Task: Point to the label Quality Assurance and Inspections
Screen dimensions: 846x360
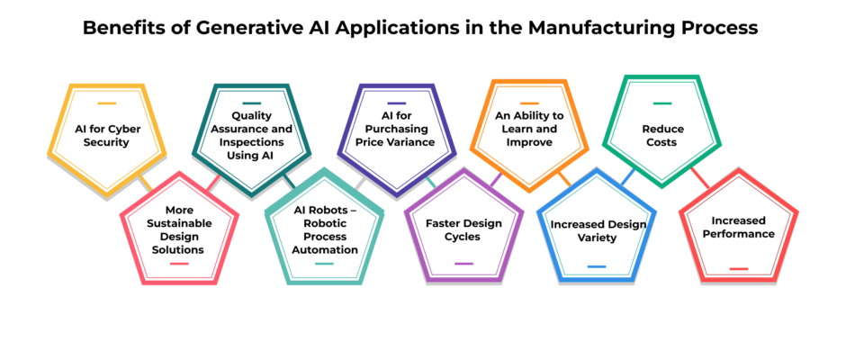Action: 251,136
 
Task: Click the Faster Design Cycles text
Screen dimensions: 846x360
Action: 463,229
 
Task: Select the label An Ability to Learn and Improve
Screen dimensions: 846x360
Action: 529,129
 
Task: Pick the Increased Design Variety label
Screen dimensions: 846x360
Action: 598,230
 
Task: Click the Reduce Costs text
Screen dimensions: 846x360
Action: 662,136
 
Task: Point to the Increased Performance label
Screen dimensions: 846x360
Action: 738,227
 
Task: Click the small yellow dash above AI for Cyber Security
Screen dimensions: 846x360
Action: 106,103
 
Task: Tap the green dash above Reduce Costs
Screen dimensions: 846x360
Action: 662,103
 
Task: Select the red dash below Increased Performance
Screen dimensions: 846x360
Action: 739,268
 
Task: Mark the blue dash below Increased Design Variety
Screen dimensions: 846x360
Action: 597,266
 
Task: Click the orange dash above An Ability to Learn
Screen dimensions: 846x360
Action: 529,103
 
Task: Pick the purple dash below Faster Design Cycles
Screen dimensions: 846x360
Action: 463,264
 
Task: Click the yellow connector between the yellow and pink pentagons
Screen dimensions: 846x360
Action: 145,184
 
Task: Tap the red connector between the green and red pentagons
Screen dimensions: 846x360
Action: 700,178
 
